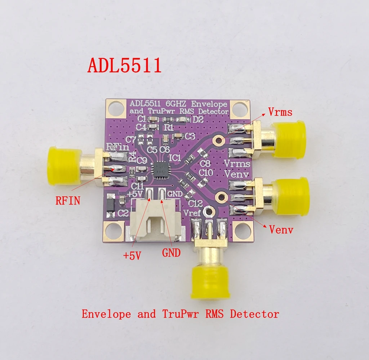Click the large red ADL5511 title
point(124,66)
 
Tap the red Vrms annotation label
point(280,112)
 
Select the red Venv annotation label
point(281,229)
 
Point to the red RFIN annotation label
point(68,200)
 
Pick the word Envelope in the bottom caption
point(106,314)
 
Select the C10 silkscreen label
point(205,173)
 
